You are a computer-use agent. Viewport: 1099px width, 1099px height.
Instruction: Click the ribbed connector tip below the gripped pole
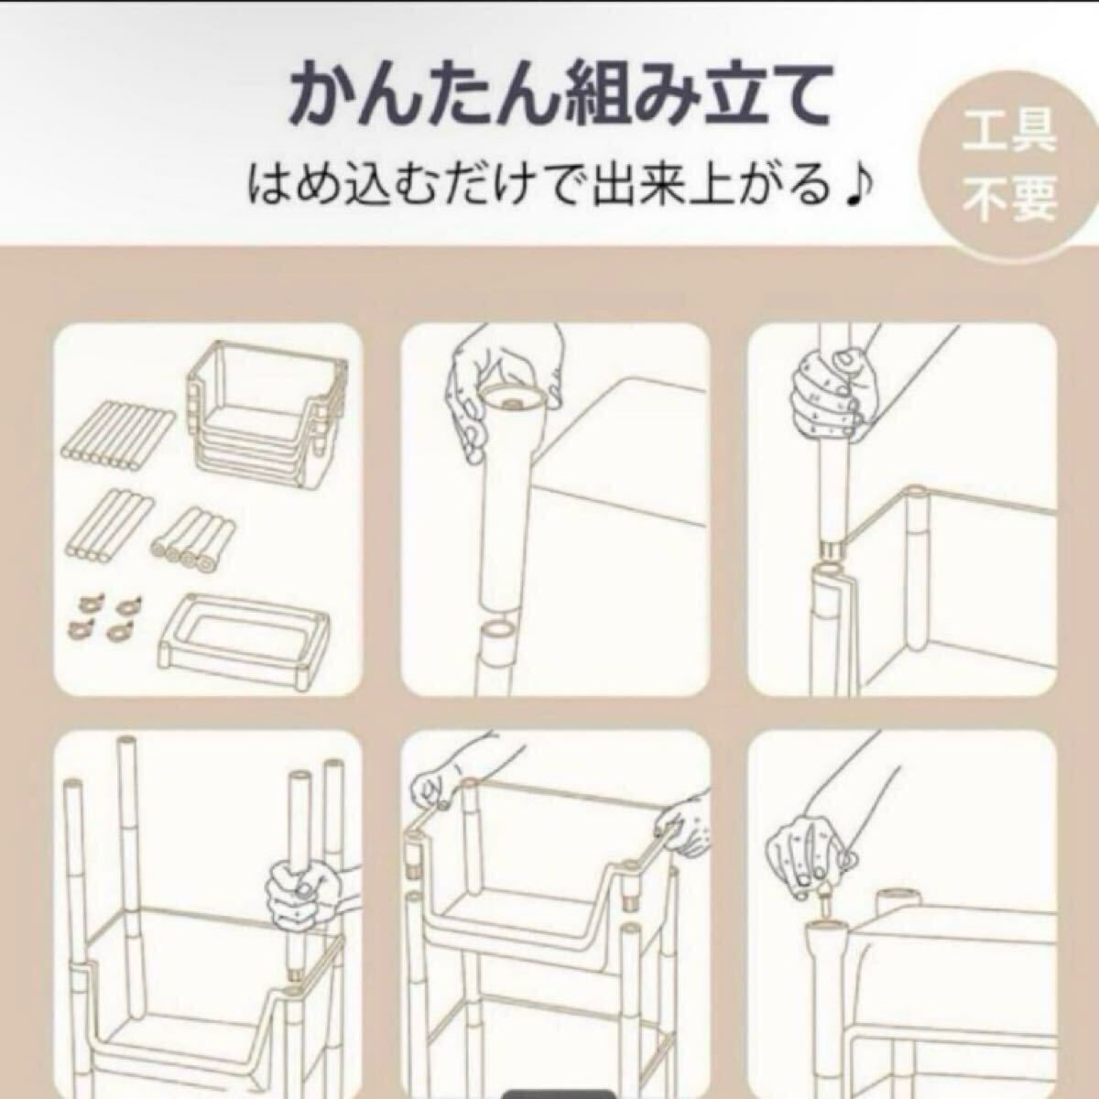[x=832, y=549]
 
